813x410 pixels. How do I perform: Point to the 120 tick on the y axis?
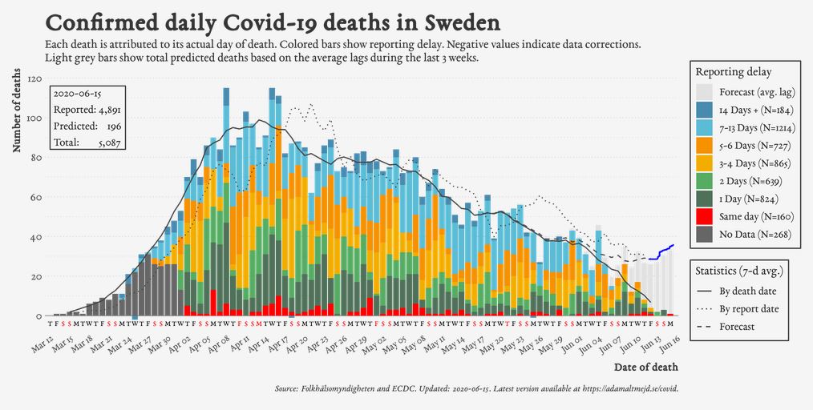pos(34,79)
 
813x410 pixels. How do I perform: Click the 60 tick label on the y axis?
pos(36,198)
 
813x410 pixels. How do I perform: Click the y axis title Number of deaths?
pos(17,111)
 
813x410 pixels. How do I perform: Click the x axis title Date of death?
pos(645,368)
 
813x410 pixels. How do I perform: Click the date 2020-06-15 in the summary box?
pos(76,94)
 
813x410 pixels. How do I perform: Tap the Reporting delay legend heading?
pos(733,72)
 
